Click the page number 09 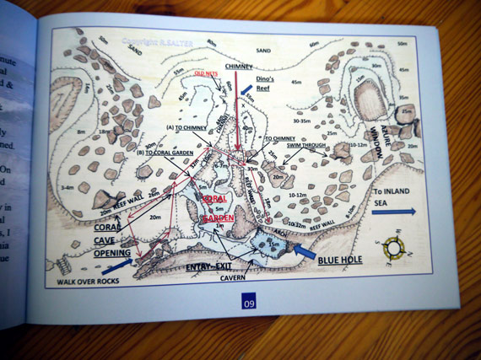248,304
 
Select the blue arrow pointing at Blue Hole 304,250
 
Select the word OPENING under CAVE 113,253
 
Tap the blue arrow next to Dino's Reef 246,88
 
